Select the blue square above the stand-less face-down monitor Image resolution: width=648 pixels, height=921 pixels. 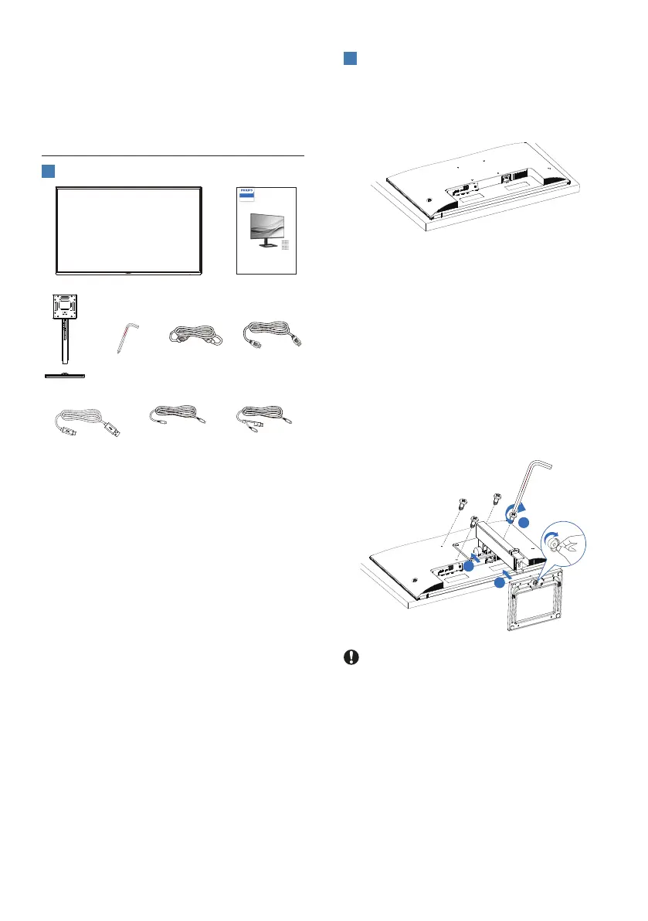(349, 59)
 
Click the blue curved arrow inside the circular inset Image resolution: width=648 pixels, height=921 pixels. (550, 537)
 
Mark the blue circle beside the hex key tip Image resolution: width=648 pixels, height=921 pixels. (523, 524)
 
